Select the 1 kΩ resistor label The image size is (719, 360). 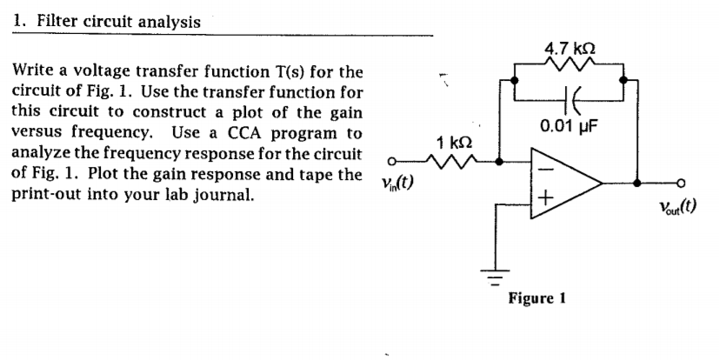455,142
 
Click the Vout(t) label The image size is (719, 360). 677,207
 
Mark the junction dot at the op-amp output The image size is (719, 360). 638,183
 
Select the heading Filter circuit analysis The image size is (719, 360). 117,21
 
